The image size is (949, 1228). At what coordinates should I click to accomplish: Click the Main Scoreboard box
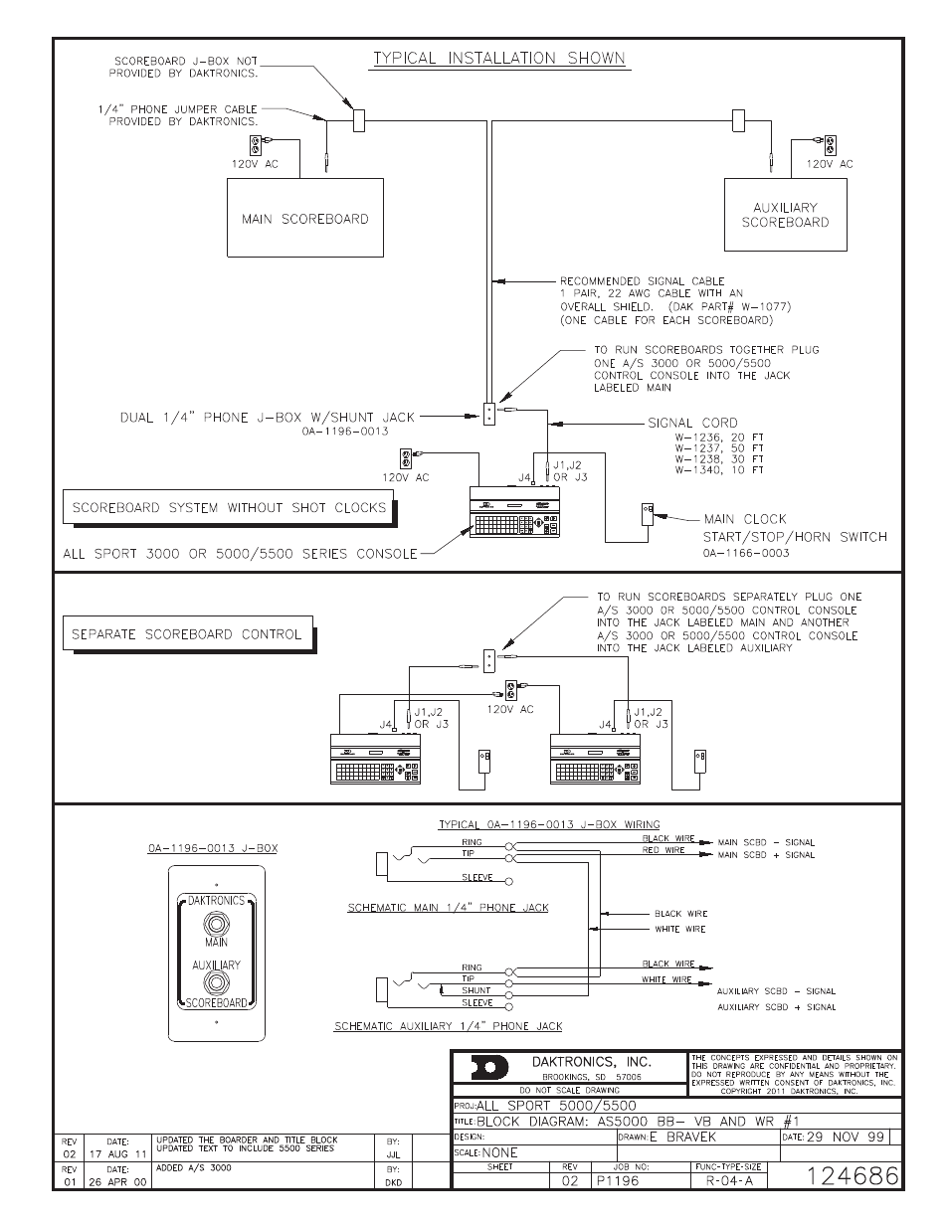305,218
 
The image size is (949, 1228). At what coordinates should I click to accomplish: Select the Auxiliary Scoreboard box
785,215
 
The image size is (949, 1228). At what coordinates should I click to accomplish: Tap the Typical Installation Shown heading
499,58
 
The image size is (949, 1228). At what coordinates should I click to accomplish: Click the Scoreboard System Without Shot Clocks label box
228,508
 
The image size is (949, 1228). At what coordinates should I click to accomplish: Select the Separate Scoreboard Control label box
186,633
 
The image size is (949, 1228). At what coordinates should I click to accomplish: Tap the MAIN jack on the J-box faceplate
216,922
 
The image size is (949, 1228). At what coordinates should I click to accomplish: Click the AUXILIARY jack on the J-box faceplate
216,983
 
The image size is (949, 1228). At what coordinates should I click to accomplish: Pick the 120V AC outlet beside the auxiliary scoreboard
830,145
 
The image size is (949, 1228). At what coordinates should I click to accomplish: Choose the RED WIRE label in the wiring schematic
664,851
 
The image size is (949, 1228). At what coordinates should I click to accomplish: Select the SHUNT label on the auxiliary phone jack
477,990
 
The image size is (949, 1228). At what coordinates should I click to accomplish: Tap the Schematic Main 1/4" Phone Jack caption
448,908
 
